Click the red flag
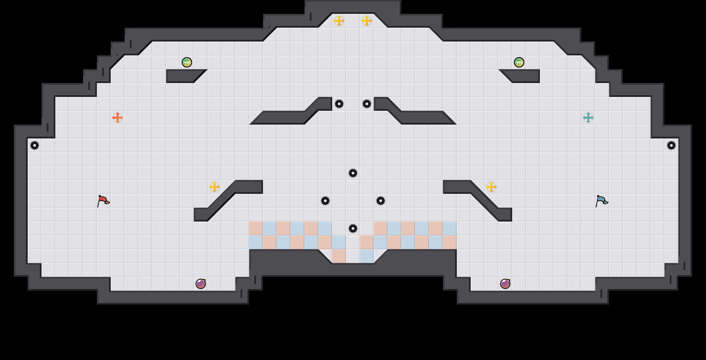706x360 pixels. (x=103, y=201)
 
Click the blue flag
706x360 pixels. (x=601, y=201)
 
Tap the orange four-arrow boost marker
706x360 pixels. (x=118, y=118)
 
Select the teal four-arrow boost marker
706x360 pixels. (x=588, y=118)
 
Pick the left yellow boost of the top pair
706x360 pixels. (x=339, y=21)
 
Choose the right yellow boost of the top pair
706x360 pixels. (x=367, y=21)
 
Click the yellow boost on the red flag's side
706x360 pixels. (x=215, y=187)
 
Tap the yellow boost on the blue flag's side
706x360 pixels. (x=491, y=187)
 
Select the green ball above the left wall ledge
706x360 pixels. (x=187, y=62)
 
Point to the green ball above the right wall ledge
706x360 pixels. (x=519, y=62)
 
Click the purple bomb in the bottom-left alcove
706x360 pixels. (x=201, y=284)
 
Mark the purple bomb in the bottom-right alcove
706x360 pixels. (x=505, y=284)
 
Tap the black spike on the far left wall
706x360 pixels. (x=35, y=145)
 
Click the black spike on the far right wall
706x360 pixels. (x=671, y=145)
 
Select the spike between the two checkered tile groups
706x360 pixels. (x=353, y=228)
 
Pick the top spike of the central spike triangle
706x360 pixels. (x=353, y=173)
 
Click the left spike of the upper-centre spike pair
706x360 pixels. (x=339, y=104)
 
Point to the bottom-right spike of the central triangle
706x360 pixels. (x=381, y=201)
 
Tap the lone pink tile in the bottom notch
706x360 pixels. (x=339, y=256)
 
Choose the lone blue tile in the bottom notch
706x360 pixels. (x=367, y=256)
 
